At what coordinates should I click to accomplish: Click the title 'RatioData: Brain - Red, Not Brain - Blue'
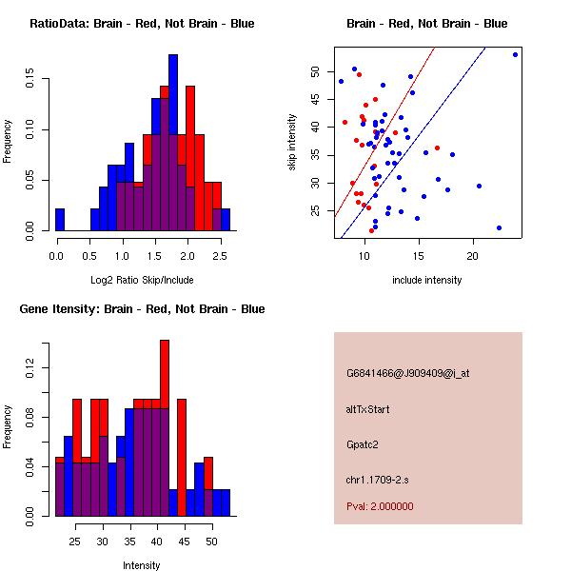click(141, 24)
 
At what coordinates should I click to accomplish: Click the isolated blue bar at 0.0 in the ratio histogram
click(60, 220)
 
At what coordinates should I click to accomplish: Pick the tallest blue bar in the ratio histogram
click(173, 143)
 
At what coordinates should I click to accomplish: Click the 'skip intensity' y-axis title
click(293, 143)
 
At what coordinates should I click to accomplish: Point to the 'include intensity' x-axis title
click(427, 280)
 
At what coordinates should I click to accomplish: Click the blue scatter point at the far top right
click(515, 54)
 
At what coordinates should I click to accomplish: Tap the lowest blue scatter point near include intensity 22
click(499, 227)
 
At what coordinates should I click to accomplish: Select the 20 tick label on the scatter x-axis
click(472, 256)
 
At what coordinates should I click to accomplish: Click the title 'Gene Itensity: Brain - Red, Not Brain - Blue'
click(141, 309)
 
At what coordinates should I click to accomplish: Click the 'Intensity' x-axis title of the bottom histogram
click(141, 565)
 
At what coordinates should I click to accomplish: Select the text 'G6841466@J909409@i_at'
click(407, 373)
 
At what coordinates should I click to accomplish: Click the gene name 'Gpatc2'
click(363, 443)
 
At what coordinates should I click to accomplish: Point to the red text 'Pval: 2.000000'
click(380, 506)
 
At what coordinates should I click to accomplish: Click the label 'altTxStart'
click(368, 409)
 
